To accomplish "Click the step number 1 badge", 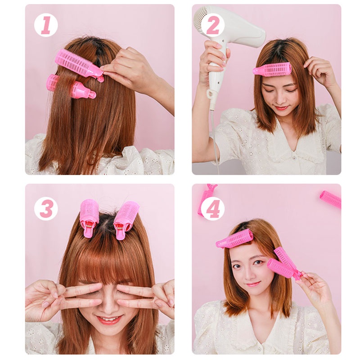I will [x=46, y=25].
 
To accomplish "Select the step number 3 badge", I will [x=46, y=208].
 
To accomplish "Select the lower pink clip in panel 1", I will [x=71, y=86].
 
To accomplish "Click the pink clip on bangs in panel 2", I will [x=273, y=69].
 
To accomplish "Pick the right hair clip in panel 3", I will [x=126, y=219].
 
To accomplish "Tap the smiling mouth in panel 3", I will [x=108, y=320].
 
